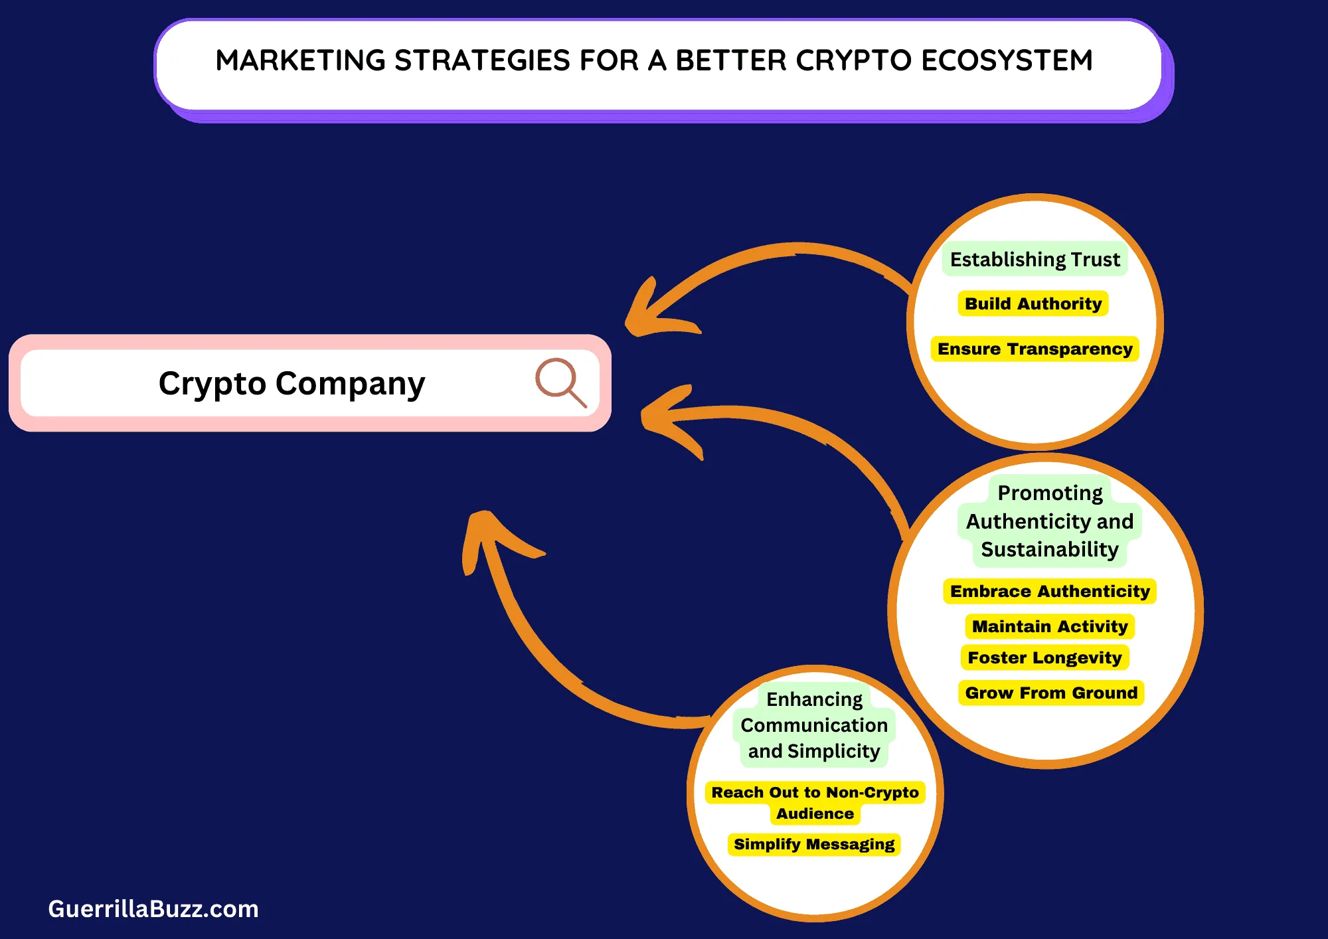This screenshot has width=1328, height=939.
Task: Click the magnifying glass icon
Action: (x=560, y=382)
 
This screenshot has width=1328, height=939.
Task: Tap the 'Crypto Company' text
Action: (x=291, y=384)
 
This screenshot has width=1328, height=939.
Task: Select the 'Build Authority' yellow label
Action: (x=1033, y=303)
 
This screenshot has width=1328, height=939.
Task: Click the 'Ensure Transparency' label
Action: (x=1035, y=349)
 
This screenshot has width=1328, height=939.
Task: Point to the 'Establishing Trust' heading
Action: (x=1035, y=259)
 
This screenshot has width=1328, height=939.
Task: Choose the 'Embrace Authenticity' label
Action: (x=1049, y=591)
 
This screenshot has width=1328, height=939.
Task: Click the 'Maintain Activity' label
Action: (x=1049, y=626)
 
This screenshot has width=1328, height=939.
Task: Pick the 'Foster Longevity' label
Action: (x=1044, y=657)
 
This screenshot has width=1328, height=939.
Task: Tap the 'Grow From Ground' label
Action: (x=1051, y=693)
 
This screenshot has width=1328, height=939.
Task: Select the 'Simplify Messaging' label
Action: (x=814, y=844)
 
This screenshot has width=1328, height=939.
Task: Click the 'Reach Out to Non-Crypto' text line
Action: (x=815, y=792)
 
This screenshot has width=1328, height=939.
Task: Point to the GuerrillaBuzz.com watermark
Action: (x=153, y=908)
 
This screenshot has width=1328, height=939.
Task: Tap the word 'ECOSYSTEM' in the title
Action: (x=1007, y=60)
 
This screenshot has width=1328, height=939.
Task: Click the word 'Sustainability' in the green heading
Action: (x=1049, y=550)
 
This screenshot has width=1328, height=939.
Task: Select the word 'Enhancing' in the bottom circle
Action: (x=814, y=699)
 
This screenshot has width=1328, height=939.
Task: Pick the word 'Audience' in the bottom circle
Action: (x=815, y=813)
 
